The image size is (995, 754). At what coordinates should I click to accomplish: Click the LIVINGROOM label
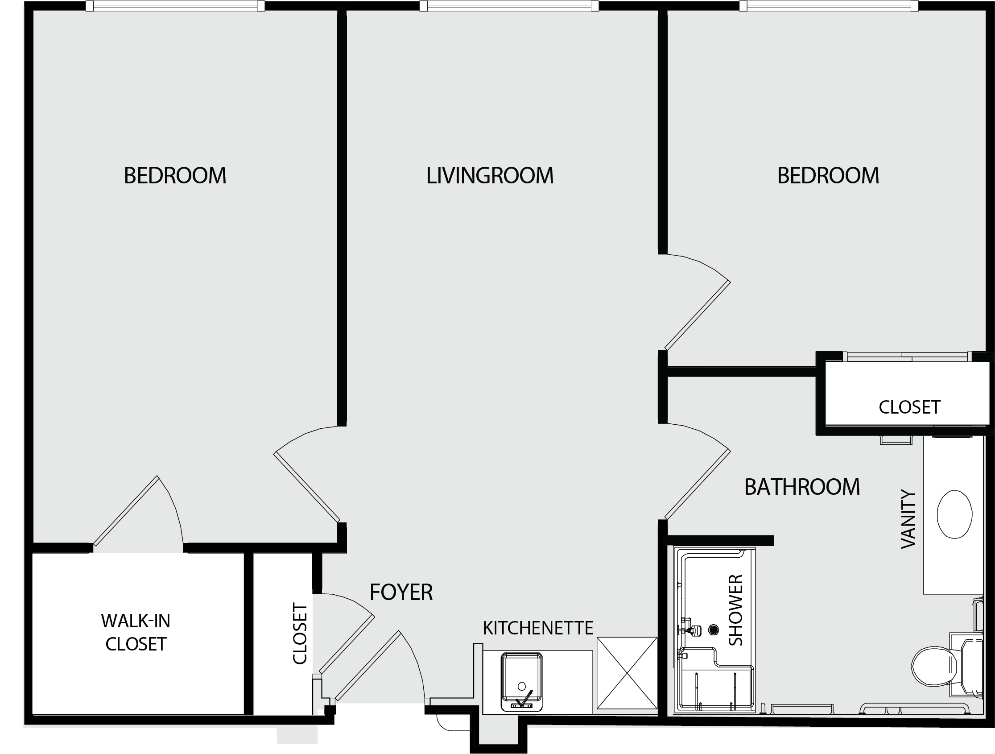coord(490,175)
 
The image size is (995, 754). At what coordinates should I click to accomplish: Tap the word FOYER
coord(401,592)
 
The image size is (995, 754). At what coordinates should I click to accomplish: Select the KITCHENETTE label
coord(538,628)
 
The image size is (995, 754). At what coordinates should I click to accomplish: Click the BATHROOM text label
coord(802,487)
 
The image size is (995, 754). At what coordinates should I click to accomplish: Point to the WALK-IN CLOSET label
coord(136,632)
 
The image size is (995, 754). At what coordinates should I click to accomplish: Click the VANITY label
coord(908,519)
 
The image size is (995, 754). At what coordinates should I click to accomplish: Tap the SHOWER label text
coord(736,610)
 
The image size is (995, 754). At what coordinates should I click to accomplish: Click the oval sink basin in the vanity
coord(954,514)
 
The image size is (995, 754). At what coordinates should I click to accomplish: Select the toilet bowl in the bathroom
coord(934,666)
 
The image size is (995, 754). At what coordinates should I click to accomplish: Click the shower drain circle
coord(714,630)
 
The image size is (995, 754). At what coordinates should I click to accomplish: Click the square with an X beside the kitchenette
coord(627,673)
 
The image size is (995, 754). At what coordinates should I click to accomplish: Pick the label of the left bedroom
coord(175,175)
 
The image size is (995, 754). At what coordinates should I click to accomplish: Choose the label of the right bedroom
coord(828,175)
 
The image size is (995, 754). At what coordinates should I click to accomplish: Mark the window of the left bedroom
coord(175,6)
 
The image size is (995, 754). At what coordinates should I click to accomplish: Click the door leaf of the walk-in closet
coord(125,510)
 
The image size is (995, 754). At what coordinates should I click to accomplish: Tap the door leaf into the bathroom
coord(697,484)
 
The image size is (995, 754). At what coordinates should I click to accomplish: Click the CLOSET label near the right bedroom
coord(909,407)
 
